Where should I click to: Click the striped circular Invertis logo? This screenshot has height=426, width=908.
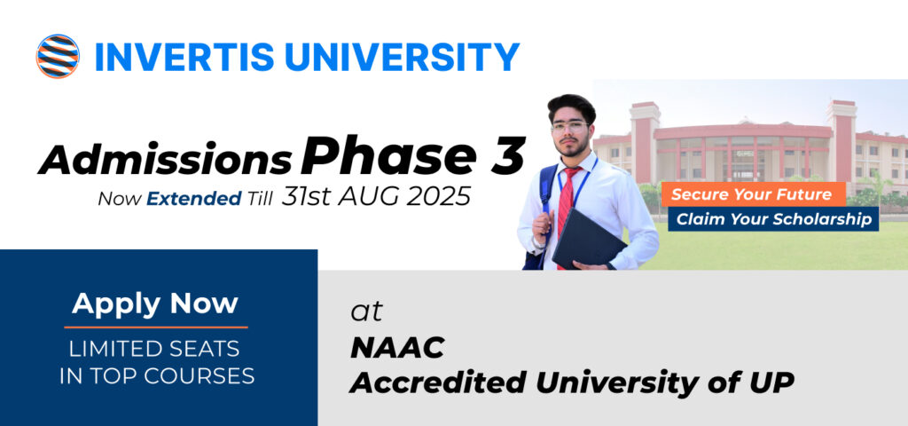click(x=58, y=56)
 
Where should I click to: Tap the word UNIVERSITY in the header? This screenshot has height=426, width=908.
click(x=402, y=57)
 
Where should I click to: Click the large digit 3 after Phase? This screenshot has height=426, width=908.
click(x=508, y=155)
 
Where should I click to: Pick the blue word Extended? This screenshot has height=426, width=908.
click(x=194, y=199)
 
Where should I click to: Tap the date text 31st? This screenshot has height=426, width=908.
click(x=307, y=197)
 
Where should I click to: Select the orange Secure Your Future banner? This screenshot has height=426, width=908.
click(x=754, y=194)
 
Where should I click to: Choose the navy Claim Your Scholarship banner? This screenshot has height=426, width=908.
click(x=773, y=219)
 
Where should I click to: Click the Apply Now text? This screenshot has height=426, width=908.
click(x=155, y=304)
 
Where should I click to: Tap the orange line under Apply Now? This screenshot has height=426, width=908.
click(x=156, y=327)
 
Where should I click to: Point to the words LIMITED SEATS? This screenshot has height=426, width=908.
click(x=154, y=349)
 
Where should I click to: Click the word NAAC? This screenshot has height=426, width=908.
click(x=397, y=348)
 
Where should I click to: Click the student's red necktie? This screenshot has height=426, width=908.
click(x=565, y=203)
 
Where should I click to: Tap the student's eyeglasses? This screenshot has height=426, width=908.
click(x=570, y=127)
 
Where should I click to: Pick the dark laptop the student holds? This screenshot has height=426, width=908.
click(x=589, y=239)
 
